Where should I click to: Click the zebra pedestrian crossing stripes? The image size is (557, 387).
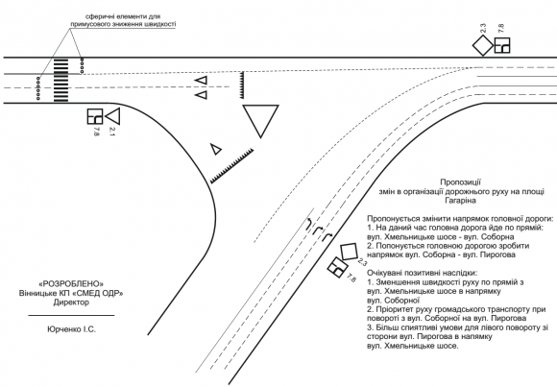pyautogui.click(x=61, y=81)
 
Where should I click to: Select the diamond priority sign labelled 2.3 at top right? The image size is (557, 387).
pyautogui.click(x=483, y=46)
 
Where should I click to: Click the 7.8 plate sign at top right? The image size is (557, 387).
pyautogui.click(x=502, y=45)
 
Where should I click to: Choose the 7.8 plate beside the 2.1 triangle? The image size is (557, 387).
pyautogui.click(x=95, y=116)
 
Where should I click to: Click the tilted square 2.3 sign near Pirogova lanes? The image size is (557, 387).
pyautogui.click(x=349, y=252)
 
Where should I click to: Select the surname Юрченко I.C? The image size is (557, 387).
pyautogui.click(x=71, y=329)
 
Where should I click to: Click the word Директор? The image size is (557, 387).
pyautogui.click(x=71, y=302)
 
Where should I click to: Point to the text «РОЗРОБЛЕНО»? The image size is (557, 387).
pyautogui.click(x=71, y=284)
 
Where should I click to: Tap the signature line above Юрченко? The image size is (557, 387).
pyautogui.click(x=71, y=315)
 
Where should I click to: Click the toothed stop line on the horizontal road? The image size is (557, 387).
pyautogui.click(x=242, y=85)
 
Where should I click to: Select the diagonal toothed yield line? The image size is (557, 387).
pyautogui.click(x=231, y=166)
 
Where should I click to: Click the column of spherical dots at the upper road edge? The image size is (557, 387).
pyautogui.click(x=83, y=65)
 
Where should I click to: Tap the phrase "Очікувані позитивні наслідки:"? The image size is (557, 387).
pyautogui.click(x=423, y=273)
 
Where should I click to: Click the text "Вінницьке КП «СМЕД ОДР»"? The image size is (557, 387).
pyautogui.click(x=71, y=293)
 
